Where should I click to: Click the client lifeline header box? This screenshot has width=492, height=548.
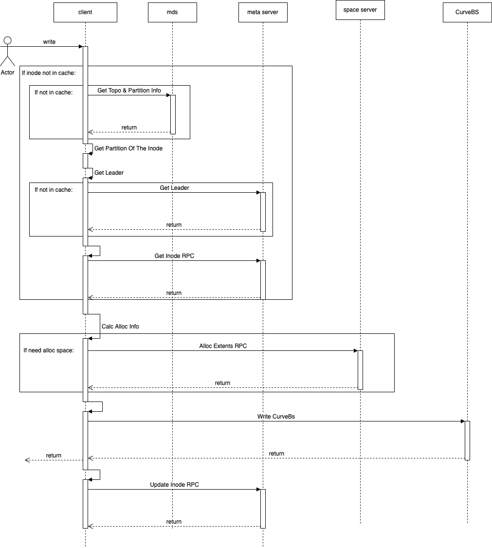pos(85,12)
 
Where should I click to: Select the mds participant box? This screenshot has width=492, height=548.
pos(172,12)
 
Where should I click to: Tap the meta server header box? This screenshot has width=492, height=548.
pos(263,12)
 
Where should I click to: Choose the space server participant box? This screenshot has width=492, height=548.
pos(360,10)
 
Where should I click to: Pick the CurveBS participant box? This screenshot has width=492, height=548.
pos(467,12)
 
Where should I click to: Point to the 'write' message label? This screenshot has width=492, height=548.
pos(49,42)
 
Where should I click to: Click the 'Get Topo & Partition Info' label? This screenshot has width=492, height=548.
pos(129,91)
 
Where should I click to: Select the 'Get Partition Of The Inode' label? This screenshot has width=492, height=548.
pos(128,148)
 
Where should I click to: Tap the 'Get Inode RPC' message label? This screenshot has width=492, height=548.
pos(174,256)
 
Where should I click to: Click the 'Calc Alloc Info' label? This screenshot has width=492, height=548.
pos(120,327)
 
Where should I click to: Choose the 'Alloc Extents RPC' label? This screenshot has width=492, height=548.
pos(223,346)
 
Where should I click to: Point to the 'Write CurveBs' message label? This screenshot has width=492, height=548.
pos(276,417)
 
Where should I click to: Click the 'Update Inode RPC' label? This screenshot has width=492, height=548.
pos(174,485)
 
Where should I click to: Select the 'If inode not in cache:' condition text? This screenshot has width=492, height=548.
pos(49,73)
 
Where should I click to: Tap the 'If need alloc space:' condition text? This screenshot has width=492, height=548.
pos(49,350)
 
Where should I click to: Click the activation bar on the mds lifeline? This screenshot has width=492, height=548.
pos(173,114)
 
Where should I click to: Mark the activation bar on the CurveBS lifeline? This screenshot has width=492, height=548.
pos(467,440)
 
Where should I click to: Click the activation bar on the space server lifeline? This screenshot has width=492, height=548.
pos(361,370)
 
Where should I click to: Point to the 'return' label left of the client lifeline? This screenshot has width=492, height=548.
pos(54,456)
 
